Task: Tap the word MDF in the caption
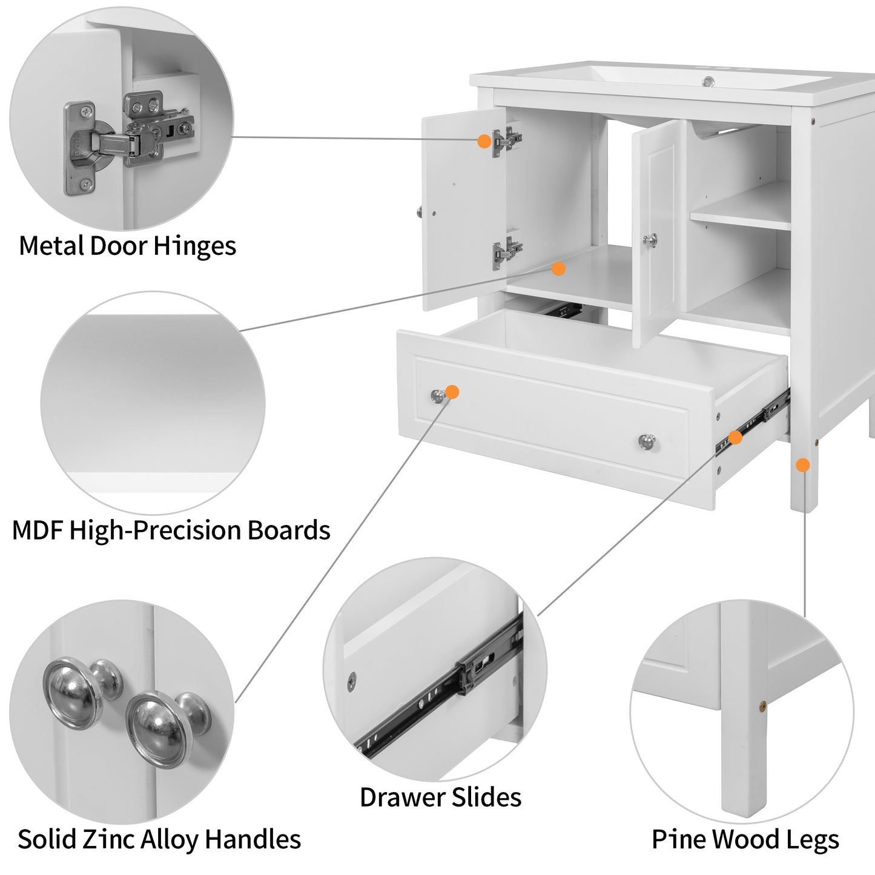[x=38, y=530]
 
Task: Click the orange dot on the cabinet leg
[x=802, y=465]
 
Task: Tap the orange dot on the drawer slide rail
[x=735, y=437]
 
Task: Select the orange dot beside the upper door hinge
[x=484, y=141]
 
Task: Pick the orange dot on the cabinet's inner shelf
[x=558, y=268]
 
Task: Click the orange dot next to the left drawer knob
[x=452, y=392]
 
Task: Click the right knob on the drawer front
[x=647, y=441]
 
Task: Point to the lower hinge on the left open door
[x=506, y=251]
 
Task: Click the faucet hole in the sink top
[x=707, y=81]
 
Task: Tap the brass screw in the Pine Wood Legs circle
[x=762, y=705]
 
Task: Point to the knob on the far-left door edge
[x=419, y=212]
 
